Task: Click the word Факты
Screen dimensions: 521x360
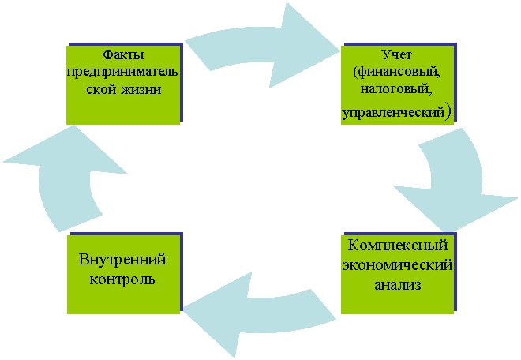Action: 123,54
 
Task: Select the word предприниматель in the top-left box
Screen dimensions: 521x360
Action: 122,72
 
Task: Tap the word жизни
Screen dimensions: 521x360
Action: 141,89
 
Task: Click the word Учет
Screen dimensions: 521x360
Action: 397,54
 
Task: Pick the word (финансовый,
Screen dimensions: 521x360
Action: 397,72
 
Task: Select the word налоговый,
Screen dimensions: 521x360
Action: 396,90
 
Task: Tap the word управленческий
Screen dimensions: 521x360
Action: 393,113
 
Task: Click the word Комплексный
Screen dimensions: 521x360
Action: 398,246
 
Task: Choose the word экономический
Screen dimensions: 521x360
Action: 397,265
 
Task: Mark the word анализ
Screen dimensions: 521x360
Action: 398,285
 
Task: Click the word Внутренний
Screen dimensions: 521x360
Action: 122,260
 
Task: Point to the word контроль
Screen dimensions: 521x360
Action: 122,279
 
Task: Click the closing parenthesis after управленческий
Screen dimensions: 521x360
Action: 448,113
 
